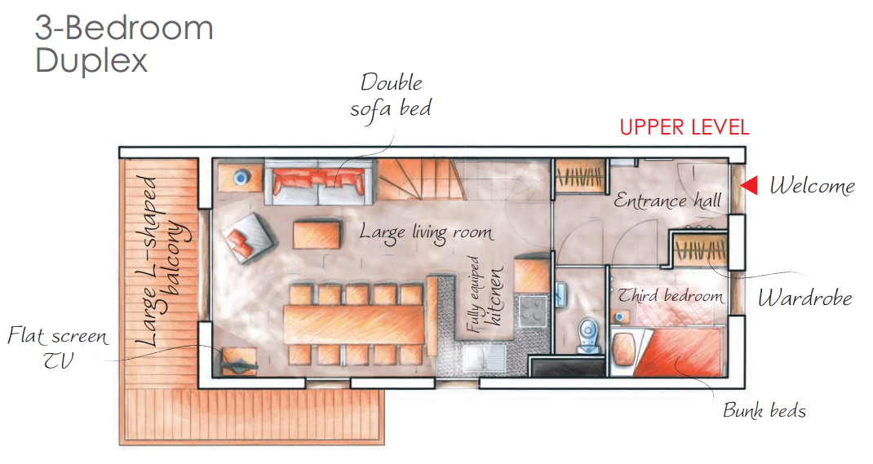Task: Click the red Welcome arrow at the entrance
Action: (x=750, y=185)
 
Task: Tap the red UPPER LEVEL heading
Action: (x=685, y=127)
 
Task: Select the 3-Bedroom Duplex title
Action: (x=124, y=44)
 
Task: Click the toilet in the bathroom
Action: (x=588, y=335)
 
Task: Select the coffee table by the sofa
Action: (x=317, y=235)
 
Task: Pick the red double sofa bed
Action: (x=318, y=182)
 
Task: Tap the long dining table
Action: (x=354, y=325)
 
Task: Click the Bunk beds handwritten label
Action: (x=764, y=410)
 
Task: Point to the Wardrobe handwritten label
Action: (x=804, y=298)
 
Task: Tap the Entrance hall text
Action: (x=667, y=201)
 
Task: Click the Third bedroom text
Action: (x=671, y=295)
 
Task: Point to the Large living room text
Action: (x=426, y=232)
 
